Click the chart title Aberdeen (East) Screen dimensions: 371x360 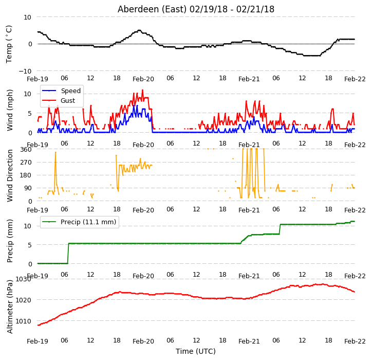coord(152,9)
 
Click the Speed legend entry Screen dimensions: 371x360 coord(71,91)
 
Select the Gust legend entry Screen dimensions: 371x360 coord(68,101)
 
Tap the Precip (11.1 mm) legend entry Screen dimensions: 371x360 coord(88,222)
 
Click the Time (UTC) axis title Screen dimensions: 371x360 coord(196,351)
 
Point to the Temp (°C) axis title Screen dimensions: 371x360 coord(9,44)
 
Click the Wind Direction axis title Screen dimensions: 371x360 coord(10,175)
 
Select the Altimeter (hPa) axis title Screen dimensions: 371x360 coord(10,307)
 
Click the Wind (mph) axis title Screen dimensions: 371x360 coord(10,110)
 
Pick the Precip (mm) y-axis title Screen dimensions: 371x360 coord(10,241)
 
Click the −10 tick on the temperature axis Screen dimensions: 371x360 coord(25,71)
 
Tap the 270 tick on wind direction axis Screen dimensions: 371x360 coord(26,163)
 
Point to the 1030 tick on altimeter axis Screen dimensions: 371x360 coord(24,279)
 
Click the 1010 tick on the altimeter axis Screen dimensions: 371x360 coord(24,321)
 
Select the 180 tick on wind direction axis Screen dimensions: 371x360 coord(26,175)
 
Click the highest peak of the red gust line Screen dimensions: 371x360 coord(142,90)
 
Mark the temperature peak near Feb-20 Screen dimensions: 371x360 coord(139,30)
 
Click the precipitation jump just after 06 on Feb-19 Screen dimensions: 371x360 coord(68,253)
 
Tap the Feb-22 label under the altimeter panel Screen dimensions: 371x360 coord(355,341)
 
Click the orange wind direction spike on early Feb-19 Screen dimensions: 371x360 coord(55,152)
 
